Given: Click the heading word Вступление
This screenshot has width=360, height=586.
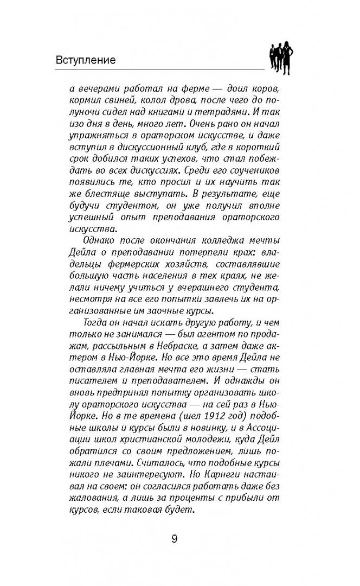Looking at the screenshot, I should [x=86, y=60].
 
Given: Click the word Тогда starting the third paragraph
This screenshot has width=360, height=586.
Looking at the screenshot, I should [x=90, y=333].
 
